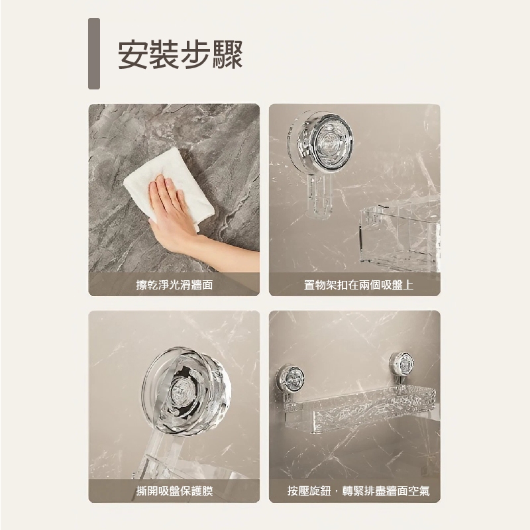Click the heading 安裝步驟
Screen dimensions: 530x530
tap(180, 54)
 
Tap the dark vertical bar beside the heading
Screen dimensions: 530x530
tap(94, 54)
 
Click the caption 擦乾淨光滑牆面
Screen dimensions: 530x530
tap(174, 285)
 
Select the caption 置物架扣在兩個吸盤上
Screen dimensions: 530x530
tap(354, 285)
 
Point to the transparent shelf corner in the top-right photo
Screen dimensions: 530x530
tap(397, 235)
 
